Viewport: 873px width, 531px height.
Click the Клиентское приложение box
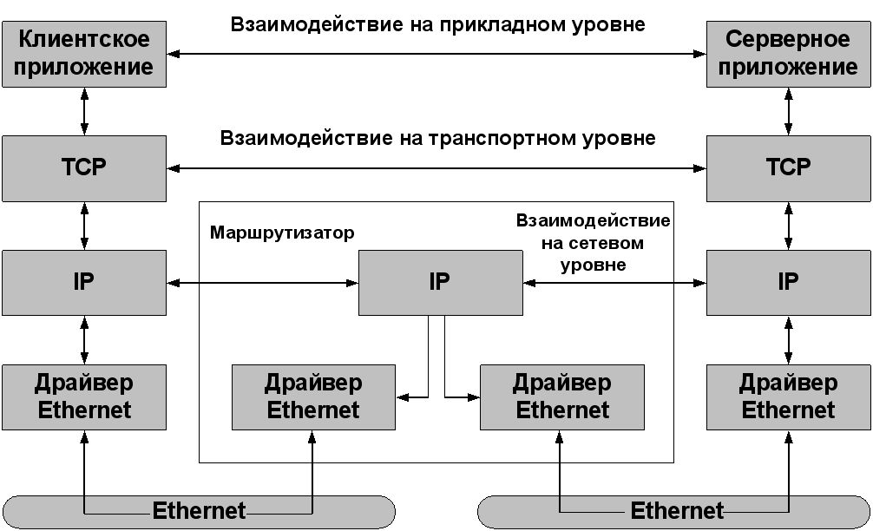coord(84,54)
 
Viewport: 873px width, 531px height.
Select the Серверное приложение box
coord(788,54)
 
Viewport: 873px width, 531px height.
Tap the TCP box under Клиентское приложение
coord(84,168)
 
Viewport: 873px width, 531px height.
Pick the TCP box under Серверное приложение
coord(788,168)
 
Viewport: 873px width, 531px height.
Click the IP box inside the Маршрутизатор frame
coord(440,283)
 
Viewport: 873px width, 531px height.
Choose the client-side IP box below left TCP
coord(84,283)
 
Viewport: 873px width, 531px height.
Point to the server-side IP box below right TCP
coord(788,283)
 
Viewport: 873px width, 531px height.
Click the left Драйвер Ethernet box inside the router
coord(313,397)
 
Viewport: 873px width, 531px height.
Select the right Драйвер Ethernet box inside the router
coord(562,397)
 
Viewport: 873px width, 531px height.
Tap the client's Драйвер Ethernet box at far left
coord(84,397)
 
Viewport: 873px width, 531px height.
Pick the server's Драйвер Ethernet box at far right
coord(788,397)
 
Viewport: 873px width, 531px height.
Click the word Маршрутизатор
coord(282,233)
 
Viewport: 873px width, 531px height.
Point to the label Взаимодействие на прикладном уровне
coord(437,24)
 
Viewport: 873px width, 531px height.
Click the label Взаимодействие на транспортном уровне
coord(437,138)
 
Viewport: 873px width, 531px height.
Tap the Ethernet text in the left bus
coord(199,510)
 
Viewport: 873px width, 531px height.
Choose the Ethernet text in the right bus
coord(677,510)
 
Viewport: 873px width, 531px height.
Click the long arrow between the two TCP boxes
coord(436,168)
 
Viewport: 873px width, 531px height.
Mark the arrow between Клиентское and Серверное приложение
coord(436,54)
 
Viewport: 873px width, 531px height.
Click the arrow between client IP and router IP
coord(263,283)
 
